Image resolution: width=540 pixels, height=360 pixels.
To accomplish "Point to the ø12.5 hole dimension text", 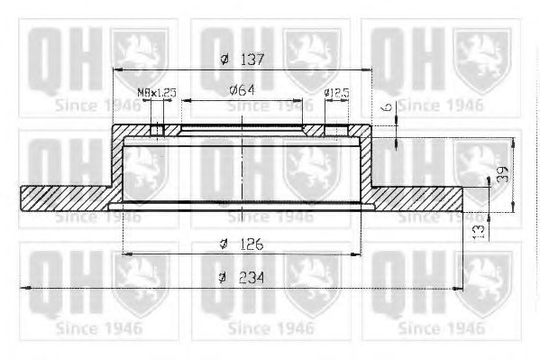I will pyautogui.click(x=336, y=92).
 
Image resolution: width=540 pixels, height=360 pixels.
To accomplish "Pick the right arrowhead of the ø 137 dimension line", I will pyautogui.click(x=366, y=69).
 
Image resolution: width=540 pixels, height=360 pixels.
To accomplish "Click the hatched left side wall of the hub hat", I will pyautogui.click(x=115, y=162).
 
